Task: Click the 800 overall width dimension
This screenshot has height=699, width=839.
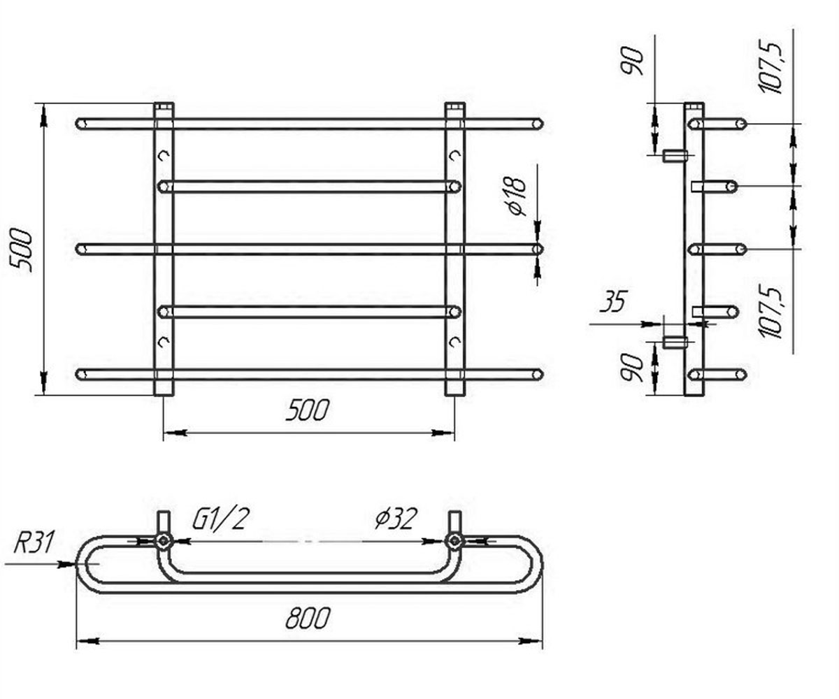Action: tap(308, 618)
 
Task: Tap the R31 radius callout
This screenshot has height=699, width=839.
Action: tap(33, 542)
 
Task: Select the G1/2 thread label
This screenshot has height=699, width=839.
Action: tap(219, 519)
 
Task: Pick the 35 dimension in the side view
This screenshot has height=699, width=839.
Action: tap(614, 301)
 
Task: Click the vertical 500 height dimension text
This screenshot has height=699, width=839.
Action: tap(21, 250)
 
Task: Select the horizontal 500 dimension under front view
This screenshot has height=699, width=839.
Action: tap(308, 410)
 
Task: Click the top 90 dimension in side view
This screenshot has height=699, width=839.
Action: tap(632, 61)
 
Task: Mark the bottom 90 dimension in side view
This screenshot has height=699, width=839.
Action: tap(632, 368)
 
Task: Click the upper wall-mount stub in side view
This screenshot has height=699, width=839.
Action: tap(673, 155)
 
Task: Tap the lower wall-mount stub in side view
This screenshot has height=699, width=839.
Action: tap(673, 343)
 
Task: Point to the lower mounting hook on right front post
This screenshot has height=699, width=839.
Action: tap(455, 342)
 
